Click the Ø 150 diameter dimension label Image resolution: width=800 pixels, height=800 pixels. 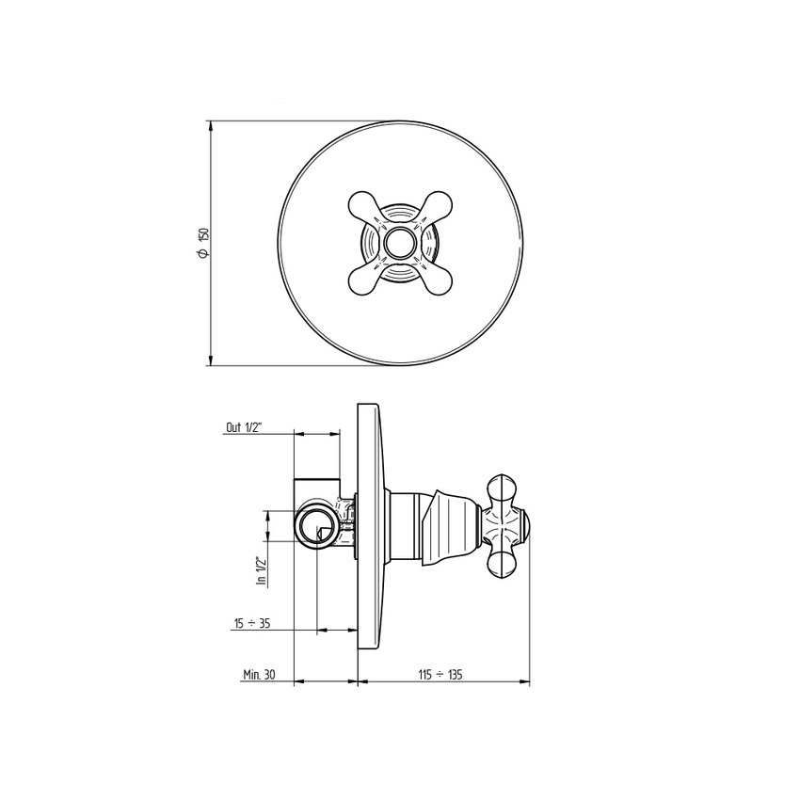click(203, 242)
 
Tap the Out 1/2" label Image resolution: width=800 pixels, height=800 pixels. click(244, 427)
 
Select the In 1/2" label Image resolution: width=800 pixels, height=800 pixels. click(263, 571)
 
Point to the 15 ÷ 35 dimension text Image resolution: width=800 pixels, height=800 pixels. click(252, 623)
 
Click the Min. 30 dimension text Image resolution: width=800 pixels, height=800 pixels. click(259, 674)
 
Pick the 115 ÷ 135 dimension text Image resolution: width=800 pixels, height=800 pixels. click(440, 675)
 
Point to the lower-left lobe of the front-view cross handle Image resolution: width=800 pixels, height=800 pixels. click(363, 280)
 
